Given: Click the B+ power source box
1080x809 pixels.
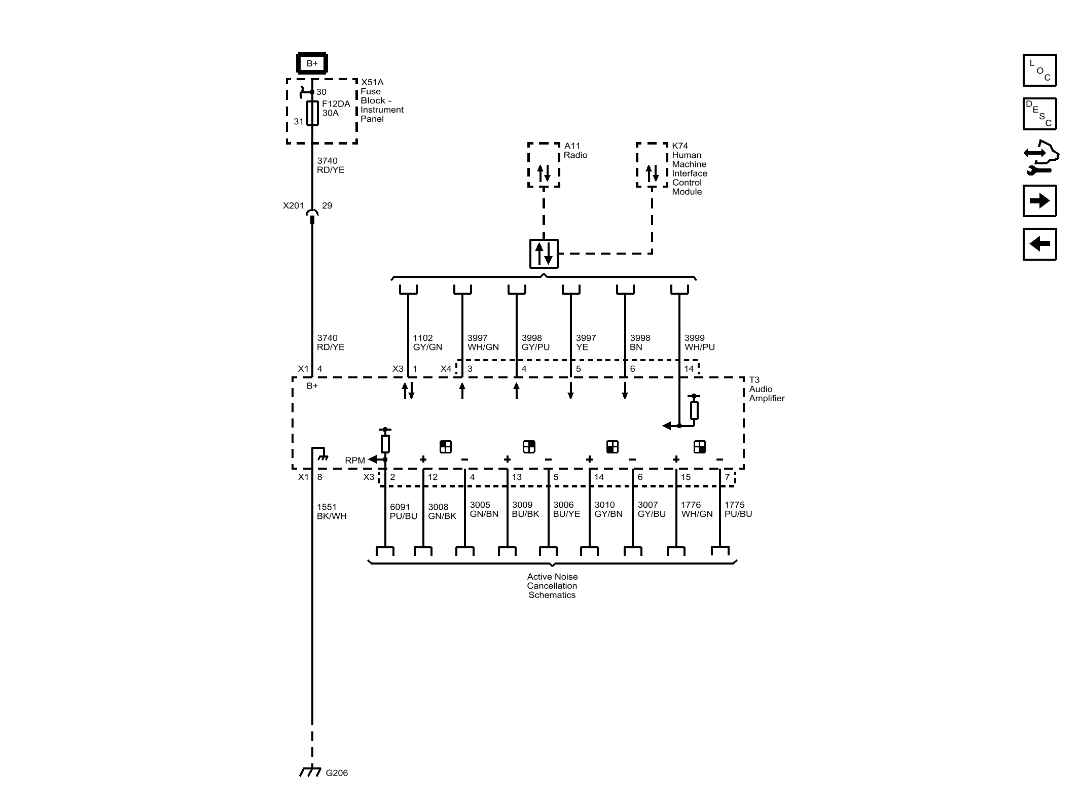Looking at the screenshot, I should click(x=312, y=63).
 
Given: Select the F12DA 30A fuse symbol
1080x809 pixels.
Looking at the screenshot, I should click(x=313, y=113).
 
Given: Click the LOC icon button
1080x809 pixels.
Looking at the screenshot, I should click(x=1039, y=70).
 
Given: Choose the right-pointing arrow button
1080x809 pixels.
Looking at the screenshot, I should click(x=1039, y=201).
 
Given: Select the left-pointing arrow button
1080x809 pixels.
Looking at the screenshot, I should click(x=1039, y=244).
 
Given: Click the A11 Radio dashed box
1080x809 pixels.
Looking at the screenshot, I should click(x=544, y=165).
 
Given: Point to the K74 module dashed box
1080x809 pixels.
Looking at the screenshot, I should click(x=652, y=165).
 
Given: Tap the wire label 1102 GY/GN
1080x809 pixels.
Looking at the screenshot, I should click(x=427, y=342).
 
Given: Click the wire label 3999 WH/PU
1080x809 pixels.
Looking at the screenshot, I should click(x=699, y=342).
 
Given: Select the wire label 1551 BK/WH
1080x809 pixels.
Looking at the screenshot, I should click(x=331, y=511).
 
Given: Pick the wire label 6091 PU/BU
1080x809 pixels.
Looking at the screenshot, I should click(x=403, y=511).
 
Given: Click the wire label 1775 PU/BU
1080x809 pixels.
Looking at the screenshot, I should click(x=738, y=509).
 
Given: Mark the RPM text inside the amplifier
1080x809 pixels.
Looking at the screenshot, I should click(x=354, y=461).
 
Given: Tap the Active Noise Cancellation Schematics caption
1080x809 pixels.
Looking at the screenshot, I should click(x=552, y=586).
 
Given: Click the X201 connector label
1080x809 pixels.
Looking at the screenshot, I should click(x=293, y=205).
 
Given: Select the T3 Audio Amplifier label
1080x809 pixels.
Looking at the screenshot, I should click(x=766, y=389).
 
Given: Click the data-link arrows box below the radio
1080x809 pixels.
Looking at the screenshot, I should click(x=544, y=254).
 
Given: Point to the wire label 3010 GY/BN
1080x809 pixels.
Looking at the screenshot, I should click(x=608, y=509).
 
